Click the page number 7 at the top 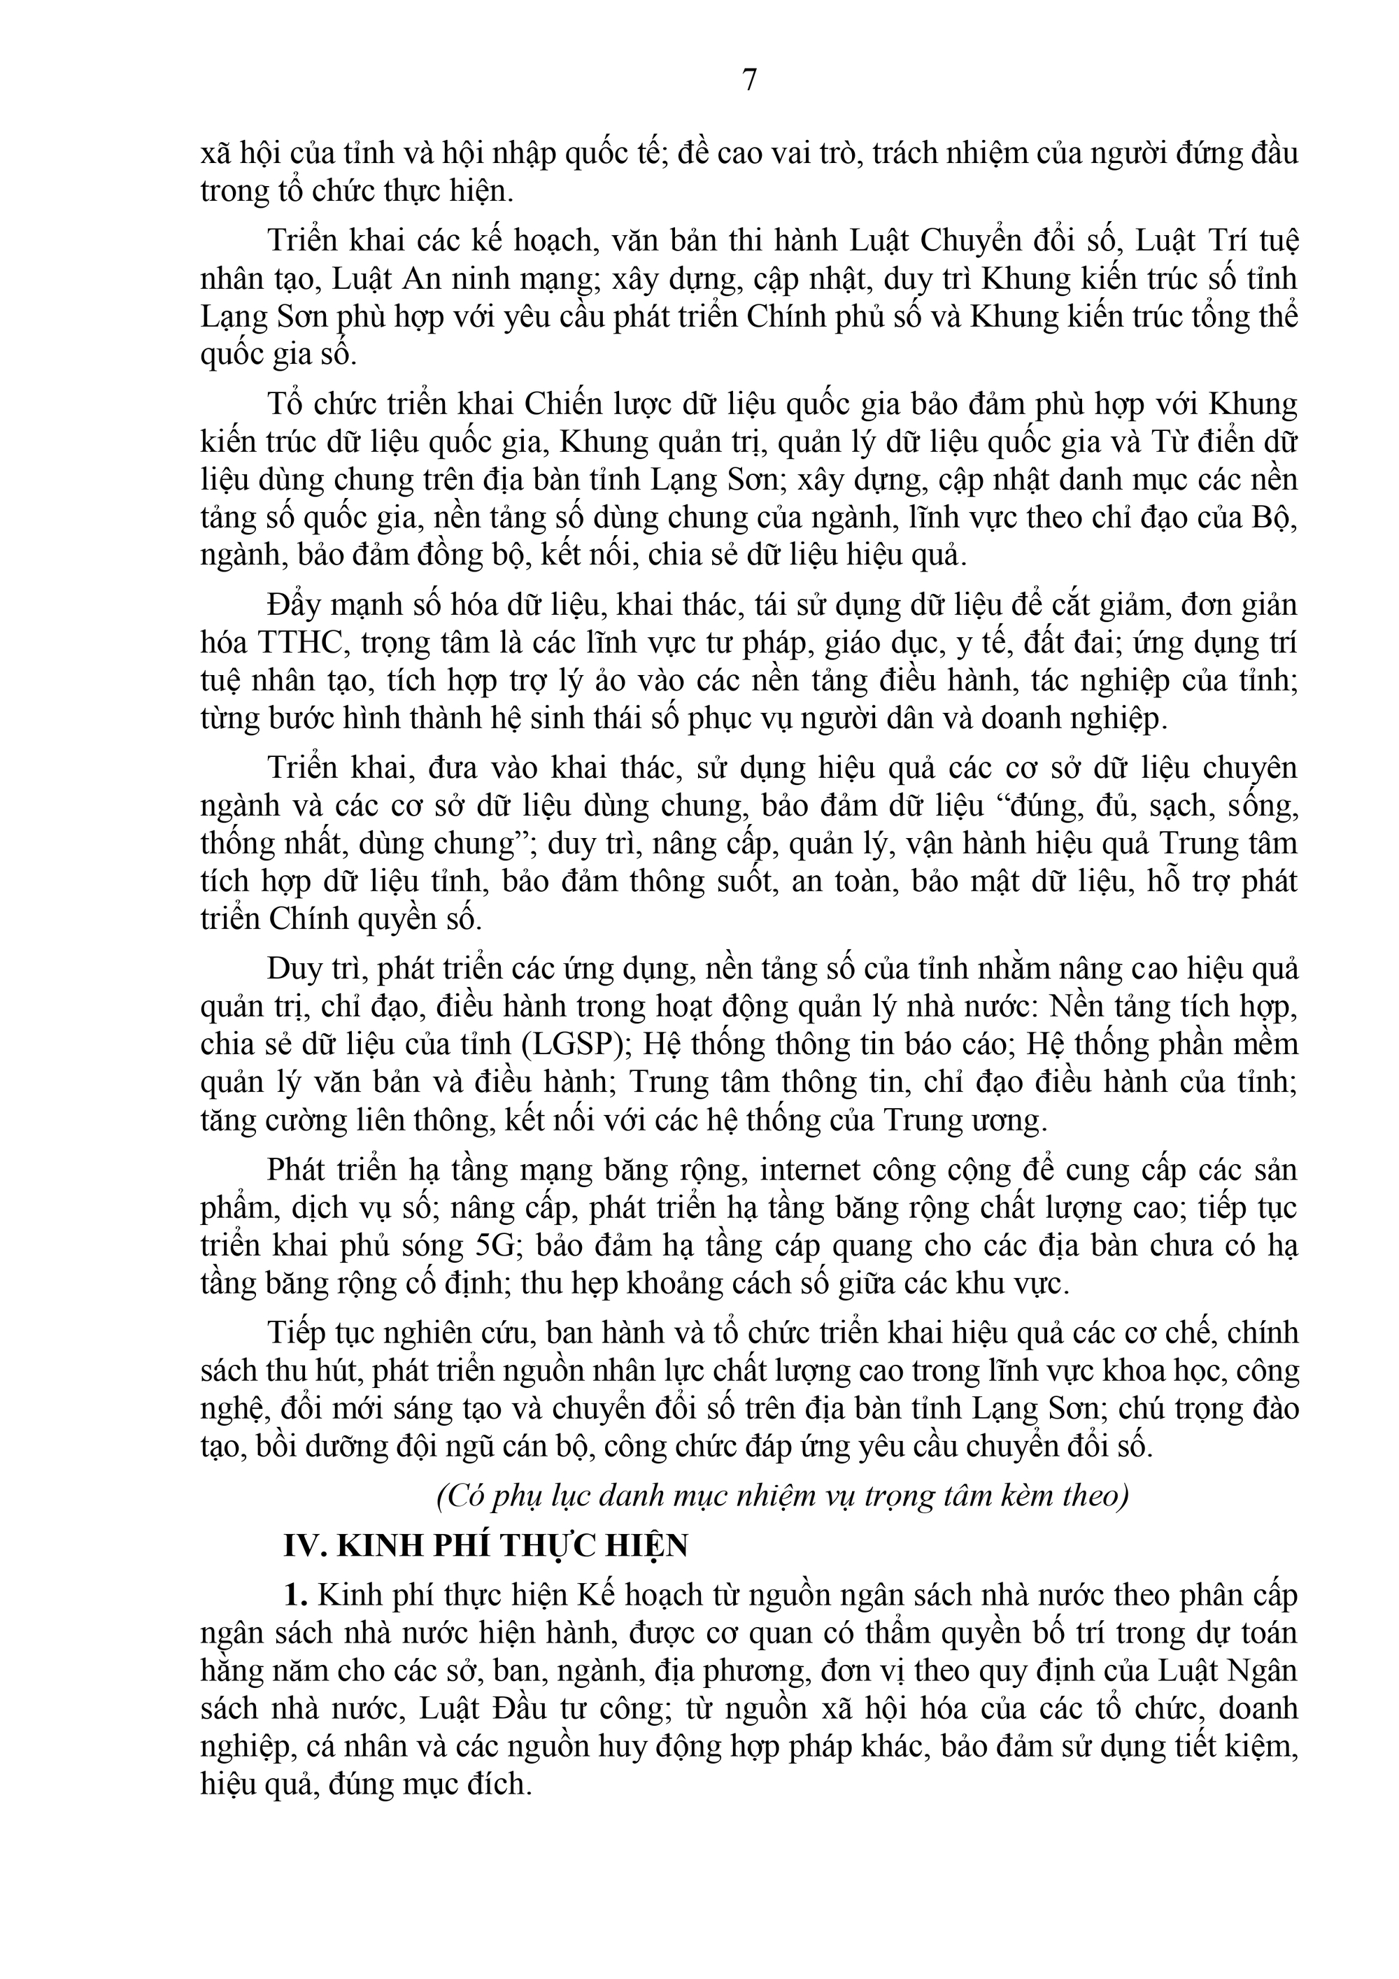(749, 80)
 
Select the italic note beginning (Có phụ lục (782, 1496)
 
